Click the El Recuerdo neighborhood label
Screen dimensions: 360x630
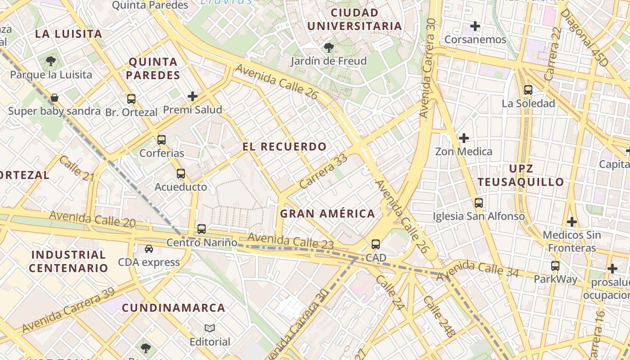[284, 147]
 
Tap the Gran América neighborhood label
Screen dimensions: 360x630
[328, 214]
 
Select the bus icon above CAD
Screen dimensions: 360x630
[376, 244]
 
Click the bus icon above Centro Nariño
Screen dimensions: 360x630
[202, 229]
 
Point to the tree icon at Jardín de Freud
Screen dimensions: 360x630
[329, 47]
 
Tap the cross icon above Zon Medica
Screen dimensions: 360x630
[463, 138]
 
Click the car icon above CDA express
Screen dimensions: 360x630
[148, 248]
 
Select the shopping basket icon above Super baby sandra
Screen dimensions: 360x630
[54, 98]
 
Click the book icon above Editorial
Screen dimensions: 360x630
[210, 328]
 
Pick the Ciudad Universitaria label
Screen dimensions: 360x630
[355, 19]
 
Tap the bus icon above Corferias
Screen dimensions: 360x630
[162, 140]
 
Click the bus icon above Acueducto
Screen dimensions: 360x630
[181, 173]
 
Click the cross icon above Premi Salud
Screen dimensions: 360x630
[193, 96]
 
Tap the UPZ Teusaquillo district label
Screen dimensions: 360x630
[521, 175]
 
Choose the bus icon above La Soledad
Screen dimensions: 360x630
[528, 90]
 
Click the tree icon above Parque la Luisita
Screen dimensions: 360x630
[51, 61]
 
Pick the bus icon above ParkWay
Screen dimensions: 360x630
[555, 265]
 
